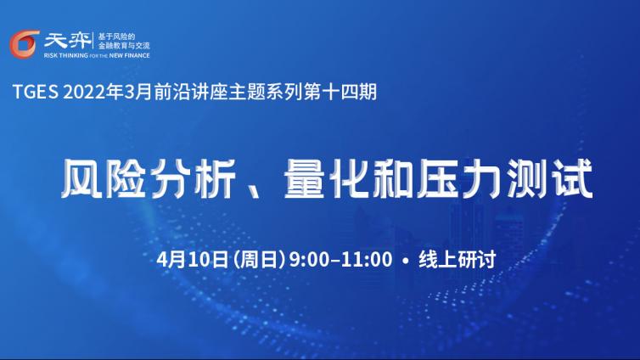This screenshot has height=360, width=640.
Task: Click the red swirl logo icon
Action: [25, 44]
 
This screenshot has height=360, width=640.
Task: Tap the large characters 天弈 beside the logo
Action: [68, 41]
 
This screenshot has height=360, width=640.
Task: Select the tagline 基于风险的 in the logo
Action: [116, 37]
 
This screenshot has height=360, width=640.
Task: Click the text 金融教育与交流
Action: [124, 46]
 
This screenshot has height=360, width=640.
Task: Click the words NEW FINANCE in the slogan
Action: [129, 55]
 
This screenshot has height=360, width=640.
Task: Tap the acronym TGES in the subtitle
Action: [36, 92]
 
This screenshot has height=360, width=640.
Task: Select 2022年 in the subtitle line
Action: [93, 92]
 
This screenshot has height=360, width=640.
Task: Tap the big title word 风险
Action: [104, 180]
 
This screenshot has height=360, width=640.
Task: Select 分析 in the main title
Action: [193, 180]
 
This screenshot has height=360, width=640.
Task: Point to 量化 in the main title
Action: [328, 180]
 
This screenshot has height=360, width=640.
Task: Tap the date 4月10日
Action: [192, 260]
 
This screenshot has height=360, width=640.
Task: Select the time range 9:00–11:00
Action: [340, 260]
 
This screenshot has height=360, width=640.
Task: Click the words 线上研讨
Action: [458, 260]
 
